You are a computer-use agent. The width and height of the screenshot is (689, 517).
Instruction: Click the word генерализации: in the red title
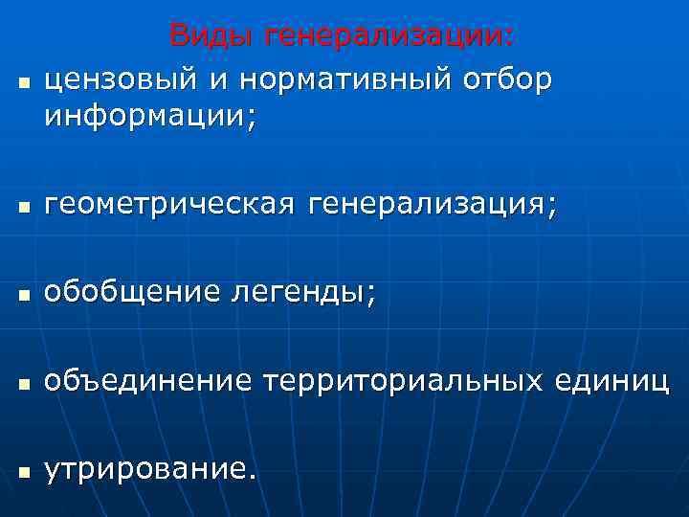click(x=389, y=36)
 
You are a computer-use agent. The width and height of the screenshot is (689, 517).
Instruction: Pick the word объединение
click(x=148, y=382)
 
